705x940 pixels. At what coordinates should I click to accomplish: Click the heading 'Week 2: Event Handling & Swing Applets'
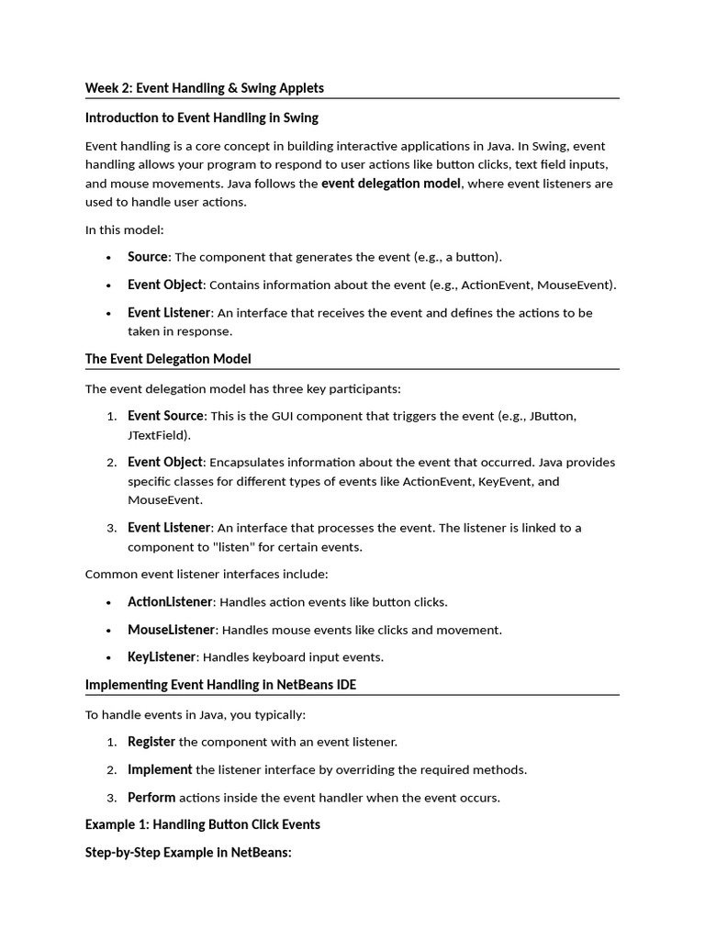[x=204, y=88]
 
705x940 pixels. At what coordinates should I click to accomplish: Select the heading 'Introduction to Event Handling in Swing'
[x=201, y=117]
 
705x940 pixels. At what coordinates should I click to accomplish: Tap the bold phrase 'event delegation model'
[x=390, y=183]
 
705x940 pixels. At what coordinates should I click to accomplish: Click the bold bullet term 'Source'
[x=147, y=257]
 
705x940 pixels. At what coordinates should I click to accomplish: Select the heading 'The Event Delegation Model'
[x=167, y=358]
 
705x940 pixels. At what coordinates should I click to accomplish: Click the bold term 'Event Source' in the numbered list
[x=164, y=416]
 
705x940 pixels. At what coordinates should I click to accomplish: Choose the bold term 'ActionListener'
[x=170, y=602]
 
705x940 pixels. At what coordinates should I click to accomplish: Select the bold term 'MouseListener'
[x=171, y=630]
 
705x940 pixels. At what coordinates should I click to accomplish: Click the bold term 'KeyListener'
[x=162, y=657]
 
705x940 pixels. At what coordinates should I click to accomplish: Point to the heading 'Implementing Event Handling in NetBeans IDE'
[x=227, y=685]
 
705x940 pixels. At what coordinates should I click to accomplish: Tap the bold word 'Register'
[x=151, y=742]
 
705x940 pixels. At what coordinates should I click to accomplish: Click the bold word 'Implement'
[x=160, y=769]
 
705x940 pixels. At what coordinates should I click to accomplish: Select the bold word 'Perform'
[x=151, y=798]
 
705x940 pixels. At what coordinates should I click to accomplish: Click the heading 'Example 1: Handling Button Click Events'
[x=202, y=824]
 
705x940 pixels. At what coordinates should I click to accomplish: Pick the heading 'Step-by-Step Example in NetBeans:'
[x=188, y=853]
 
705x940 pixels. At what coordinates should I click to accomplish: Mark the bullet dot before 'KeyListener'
[x=108, y=658]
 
